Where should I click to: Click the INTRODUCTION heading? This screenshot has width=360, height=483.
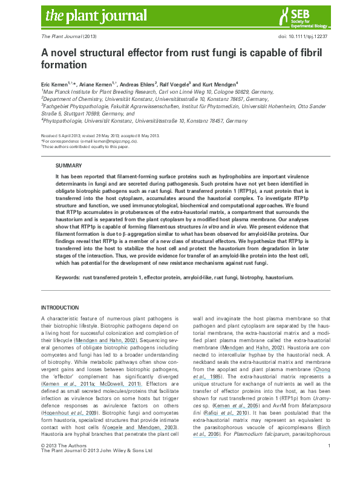pyautogui.click(x=59, y=308)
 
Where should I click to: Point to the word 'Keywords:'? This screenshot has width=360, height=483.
pyautogui.click(x=68, y=277)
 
